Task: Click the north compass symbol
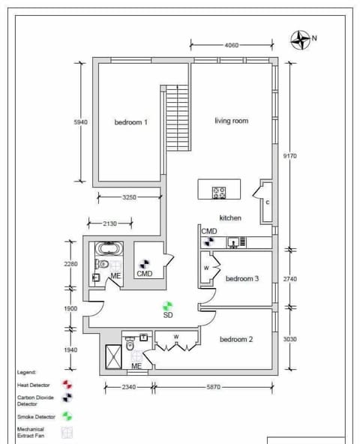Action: pos(301,39)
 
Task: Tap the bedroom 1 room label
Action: pos(130,122)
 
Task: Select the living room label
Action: pos(231,121)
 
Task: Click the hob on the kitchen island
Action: pos(220,192)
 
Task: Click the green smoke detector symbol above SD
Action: pos(168,305)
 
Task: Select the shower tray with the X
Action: pos(112,356)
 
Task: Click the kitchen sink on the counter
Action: pos(233,241)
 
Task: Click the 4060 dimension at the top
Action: pos(232,46)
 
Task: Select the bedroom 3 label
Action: pos(242,279)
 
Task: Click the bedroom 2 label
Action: pos(235,340)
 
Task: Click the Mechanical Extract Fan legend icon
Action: pos(68,432)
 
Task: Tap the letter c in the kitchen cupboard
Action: pos(267,202)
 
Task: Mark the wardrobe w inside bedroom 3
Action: pos(206,267)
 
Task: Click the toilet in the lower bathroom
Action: pos(130,346)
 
